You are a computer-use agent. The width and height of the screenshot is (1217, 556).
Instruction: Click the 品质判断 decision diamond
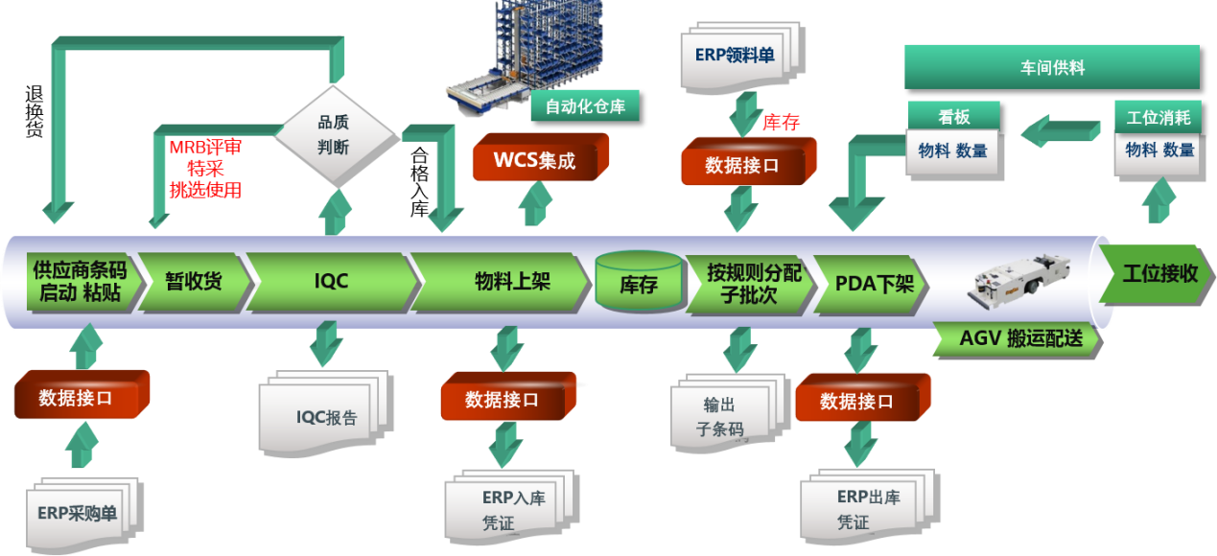click(333, 134)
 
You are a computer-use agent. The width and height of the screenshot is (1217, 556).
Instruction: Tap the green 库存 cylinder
click(638, 283)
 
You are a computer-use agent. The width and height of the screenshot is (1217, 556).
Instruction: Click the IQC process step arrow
click(331, 281)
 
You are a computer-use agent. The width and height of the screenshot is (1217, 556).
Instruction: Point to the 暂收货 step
click(192, 281)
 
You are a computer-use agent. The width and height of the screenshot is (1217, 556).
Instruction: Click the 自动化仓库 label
click(585, 106)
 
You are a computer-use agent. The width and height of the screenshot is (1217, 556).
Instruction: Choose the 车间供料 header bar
click(1051, 68)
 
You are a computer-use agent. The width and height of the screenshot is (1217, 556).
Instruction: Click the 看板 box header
click(953, 117)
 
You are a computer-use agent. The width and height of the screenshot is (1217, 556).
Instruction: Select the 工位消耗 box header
click(1157, 117)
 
